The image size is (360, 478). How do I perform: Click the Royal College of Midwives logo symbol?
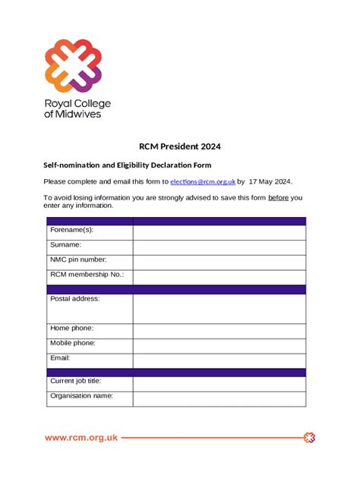click(x=73, y=65)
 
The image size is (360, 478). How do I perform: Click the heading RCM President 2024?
click(x=180, y=146)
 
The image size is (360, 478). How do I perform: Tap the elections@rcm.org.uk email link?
click(x=203, y=182)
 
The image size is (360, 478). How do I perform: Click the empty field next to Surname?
click(x=219, y=246)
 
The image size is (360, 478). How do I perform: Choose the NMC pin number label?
click(x=78, y=259)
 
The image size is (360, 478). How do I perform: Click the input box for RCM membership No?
click(x=219, y=276)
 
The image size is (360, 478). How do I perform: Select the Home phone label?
click(x=72, y=328)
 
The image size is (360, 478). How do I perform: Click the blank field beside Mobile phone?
click(x=219, y=344)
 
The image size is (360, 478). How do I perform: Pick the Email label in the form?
click(x=60, y=357)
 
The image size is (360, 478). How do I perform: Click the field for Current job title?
click(x=219, y=383)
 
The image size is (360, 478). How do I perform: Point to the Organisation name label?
click(x=81, y=395)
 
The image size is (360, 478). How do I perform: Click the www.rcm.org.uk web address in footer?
click(x=81, y=438)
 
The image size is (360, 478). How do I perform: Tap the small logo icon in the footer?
click(x=309, y=438)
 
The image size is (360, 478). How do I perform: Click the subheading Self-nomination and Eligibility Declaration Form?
click(x=128, y=165)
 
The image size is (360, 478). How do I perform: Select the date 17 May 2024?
click(x=270, y=182)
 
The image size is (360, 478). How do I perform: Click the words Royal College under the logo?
click(x=77, y=103)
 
